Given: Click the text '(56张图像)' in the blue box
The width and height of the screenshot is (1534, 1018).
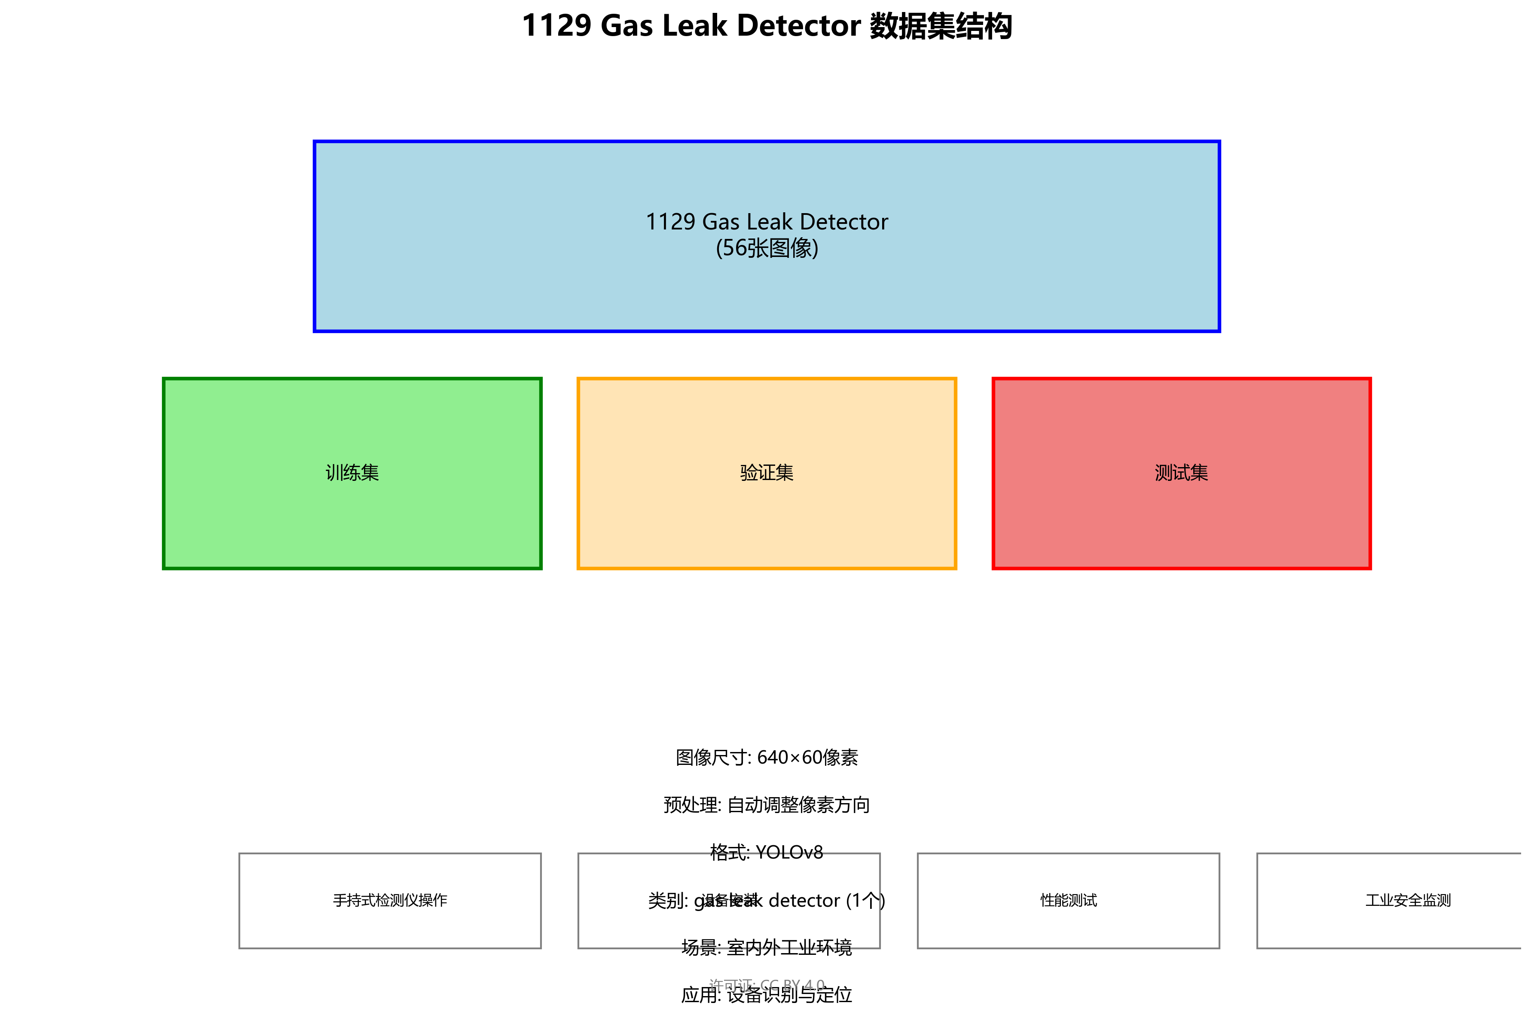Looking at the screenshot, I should [x=767, y=248].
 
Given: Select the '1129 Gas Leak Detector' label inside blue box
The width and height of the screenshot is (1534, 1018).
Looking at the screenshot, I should [x=767, y=222].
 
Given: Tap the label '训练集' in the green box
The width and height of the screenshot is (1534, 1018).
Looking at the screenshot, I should [x=352, y=473].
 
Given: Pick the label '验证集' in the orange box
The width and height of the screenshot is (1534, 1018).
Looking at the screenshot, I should [x=767, y=473].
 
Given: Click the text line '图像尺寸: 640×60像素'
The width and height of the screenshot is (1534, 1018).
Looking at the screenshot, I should [x=767, y=758].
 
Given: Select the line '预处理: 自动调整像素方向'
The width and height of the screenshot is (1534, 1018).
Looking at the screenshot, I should [x=767, y=805].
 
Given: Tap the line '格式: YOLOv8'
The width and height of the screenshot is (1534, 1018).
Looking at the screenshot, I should [x=767, y=853].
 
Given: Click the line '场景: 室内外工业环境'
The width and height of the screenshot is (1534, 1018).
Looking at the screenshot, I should [x=767, y=948].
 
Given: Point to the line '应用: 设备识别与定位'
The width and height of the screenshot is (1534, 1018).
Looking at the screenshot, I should [x=767, y=995].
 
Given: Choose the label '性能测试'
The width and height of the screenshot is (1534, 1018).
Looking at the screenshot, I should [x=1069, y=901].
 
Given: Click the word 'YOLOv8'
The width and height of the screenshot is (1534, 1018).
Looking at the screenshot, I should [x=789, y=853].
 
